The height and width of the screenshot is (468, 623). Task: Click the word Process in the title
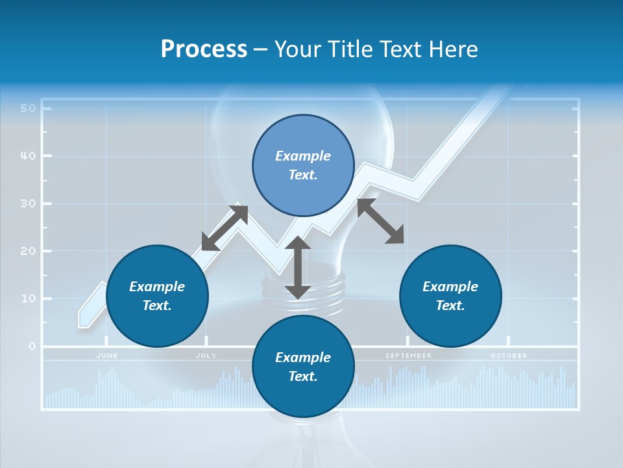pos(204,49)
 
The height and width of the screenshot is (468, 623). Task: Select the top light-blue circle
pos(303,166)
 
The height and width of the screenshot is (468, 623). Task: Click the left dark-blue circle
pos(157,296)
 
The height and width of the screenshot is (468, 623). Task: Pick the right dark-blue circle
pos(450,296)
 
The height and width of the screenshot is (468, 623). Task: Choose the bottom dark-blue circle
pos(303,367)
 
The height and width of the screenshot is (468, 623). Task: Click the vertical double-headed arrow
pos(298,267)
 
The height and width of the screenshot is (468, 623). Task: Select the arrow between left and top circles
pos(225,227)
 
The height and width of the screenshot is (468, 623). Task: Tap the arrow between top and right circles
pos(380,221)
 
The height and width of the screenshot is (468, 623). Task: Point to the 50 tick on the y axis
pos(28,108)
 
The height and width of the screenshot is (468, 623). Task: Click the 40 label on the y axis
pos(28,156)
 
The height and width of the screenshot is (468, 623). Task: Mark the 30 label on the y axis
pos(28,203)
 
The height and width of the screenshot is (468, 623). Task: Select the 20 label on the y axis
pos(28,251)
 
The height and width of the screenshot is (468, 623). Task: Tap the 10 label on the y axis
pos(28,298)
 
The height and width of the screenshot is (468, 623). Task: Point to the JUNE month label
pos(106,356)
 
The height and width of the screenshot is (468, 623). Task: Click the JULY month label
pos(206,356)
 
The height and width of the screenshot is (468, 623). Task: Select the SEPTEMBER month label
pos(408,356)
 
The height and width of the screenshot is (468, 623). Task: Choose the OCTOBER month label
pos(509,356)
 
